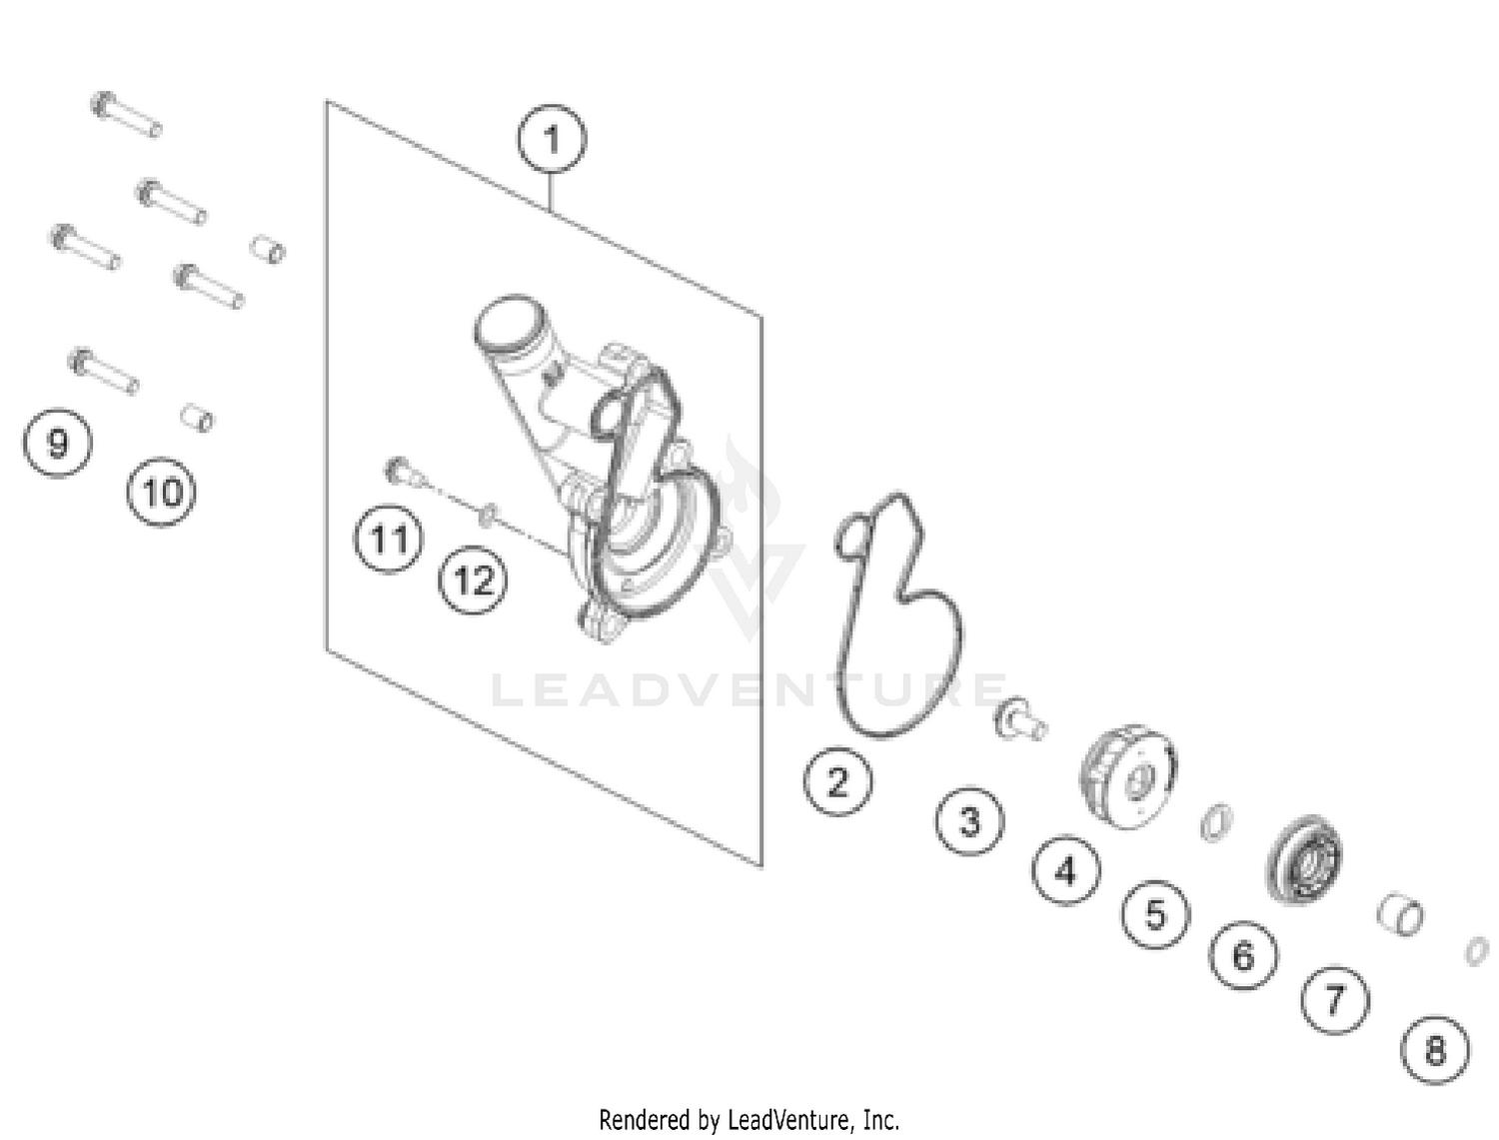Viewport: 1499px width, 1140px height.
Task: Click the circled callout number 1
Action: point(551,139)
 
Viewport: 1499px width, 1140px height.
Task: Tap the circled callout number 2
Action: point(837,781)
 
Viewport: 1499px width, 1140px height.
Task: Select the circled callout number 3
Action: point(969,820)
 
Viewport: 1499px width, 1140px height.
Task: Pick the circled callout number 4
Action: point(1065,870)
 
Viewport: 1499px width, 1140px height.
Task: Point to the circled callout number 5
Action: point(1155,914)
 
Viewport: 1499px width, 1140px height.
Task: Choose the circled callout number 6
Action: point(1243,955)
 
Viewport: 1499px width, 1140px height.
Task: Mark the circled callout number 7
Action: point(1335,999)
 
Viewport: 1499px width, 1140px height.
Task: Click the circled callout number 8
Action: point(1434,1050)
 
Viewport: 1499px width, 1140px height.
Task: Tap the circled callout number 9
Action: point(57,443)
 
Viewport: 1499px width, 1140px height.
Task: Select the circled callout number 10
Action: point(162,492)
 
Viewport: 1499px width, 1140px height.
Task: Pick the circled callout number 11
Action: point(388,540)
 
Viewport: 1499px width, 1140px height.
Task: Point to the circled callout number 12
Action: point(473,580)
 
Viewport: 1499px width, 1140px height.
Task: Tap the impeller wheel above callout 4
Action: point(1128,776)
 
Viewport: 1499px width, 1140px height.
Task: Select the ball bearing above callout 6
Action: point(1304,859)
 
